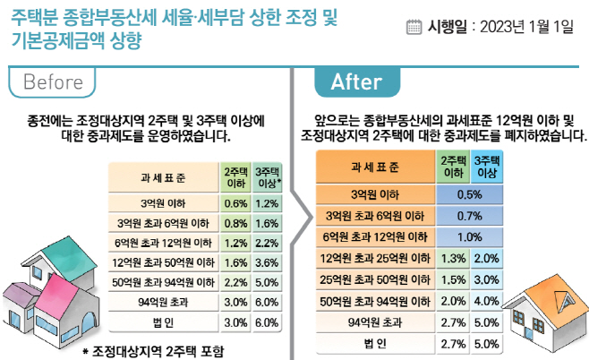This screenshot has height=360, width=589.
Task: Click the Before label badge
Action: pyautogui.click(x=52, y=81)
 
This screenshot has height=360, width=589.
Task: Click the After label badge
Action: pyautogui.click(x=357, y=81)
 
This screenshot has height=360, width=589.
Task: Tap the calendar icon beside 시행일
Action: pyautogui.click(x=414, y=27)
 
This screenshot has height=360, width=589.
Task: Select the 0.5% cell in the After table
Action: pyautogui.click(x=470, y=194)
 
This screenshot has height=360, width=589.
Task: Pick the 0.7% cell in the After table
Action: pyautogui.click(x=470, y=216)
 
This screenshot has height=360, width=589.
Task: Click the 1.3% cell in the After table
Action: pyautogui.click(x=453, y=259)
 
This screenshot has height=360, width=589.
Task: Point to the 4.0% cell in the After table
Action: pyautogui.click(x=486, y=301)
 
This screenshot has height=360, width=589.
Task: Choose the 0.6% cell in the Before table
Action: pyautogui.click(x=235, y=203)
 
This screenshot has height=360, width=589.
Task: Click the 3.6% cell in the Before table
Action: pyautogui.click(x=267, y=262)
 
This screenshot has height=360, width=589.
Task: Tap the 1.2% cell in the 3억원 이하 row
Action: pyautogui.click(x=267, y=203)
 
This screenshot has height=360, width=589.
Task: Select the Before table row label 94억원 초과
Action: pyautogui.click(x=163, y=302)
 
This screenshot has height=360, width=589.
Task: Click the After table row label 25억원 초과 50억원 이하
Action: pyautogui.click(x=375, y=280)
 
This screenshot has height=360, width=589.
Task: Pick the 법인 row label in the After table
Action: pyautogui.click(x=375, y=344)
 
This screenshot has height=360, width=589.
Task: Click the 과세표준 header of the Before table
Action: pyautogui.click(x=163, y=177)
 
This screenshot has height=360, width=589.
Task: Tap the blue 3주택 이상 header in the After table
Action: pyautogui.click(x=487, y=167)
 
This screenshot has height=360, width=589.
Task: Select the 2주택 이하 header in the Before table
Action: pyautogui.click(x=235, y=177)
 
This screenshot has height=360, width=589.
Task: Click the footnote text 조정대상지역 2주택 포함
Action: pyautogui.click(x=158, y=352)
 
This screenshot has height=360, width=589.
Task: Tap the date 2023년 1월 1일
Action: pyautogui.click(x=526, y=27)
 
